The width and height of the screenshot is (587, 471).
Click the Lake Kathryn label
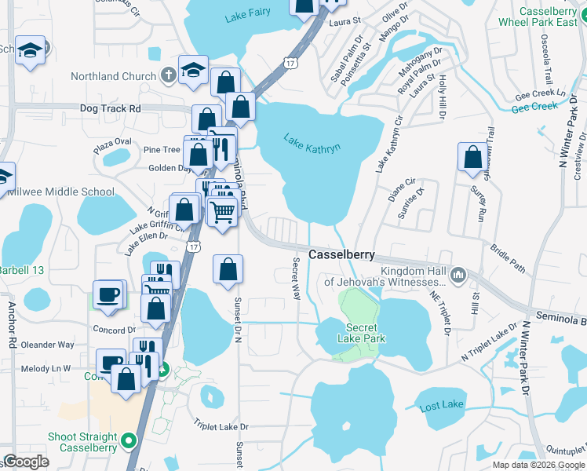pos(312,142)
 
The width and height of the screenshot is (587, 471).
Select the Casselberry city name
pos(341,255)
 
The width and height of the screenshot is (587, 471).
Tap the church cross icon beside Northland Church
pos(166,76)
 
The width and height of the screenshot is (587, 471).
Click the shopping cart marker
pos(223,210)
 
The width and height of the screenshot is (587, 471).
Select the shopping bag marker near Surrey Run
pos(472,157)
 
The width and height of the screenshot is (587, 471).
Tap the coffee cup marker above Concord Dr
pos(109,294)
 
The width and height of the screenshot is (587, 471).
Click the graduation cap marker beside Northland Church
pos(193,69)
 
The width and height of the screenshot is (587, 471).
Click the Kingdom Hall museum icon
pos(458,275)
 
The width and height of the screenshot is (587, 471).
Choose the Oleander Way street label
pos(48,345)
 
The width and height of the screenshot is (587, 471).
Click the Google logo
pos(27,462)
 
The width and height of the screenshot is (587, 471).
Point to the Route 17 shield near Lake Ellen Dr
pos(193,246)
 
